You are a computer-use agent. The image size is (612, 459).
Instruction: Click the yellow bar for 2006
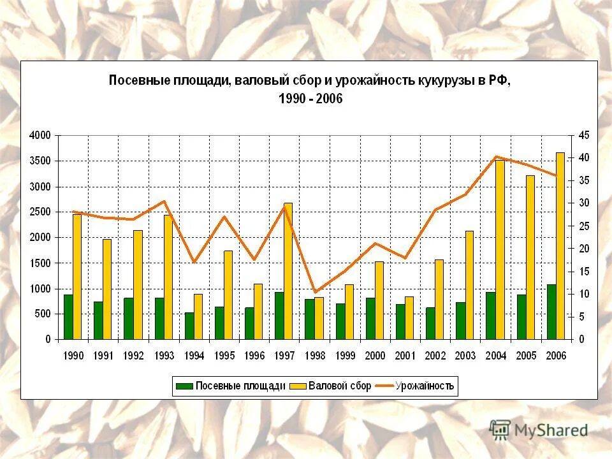click(x=560, y=245)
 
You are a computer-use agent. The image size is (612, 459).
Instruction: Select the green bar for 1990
click(x=68, y=317)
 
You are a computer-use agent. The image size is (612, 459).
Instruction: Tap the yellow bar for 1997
click(x=288, y=271)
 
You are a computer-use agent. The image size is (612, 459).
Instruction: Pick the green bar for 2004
click(x=490, y=316)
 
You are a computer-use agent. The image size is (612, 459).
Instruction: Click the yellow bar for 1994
click(x=198, y=316)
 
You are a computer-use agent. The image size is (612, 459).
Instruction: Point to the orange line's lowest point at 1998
click(x=314, y=292)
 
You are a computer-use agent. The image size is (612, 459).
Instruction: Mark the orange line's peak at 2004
click(x=496, y=157)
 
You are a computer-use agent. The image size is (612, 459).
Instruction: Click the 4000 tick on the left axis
click(x=40, y=135)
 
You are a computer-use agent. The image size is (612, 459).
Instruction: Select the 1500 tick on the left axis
click(x=40, y=263)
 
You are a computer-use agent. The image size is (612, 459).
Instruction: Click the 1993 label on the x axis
click(x=164, y=356)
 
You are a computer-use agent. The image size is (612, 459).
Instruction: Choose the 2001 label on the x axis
click(x=405, y=356)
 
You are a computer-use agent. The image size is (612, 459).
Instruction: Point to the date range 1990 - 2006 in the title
click(x=310, y=99)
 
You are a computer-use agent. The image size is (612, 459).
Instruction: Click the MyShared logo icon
click(x=501, y=429)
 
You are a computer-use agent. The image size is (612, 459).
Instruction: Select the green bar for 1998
click(x=309, y=319)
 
